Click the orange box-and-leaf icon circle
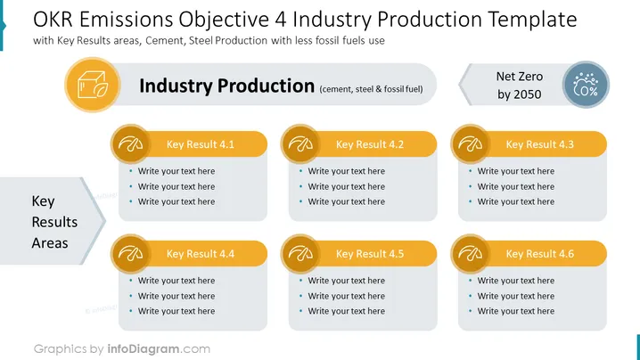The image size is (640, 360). pyautogui.click(x=93, y=85)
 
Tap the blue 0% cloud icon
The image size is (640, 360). pyautogui.click(x=586, y=85)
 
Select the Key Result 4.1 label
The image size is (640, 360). pyautogui.click(x=200, y=144)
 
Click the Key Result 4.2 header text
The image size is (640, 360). pyautogui.click(x=370, y=144)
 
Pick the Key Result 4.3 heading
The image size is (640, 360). pyautogui.click(x=539, y=144)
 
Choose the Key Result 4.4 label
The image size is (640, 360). pyautogui.click(x=200, y=254)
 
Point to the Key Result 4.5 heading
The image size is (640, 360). pyautogui.click(x=370, y=254)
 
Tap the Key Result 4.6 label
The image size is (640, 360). pyautogui.click(x=539, y=254)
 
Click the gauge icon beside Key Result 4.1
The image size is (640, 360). pyautogui.click(x=131, y=144)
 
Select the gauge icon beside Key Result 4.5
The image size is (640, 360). pyautogui.click(x=300, y=253)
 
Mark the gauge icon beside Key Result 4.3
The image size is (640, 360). pyautogui.click(x=471, y=144)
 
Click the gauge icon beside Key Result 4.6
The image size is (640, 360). pyautogui.click(x=471, y=253)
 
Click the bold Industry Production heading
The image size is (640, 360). pyautogui.click(x=227, y=86)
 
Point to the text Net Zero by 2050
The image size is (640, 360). pyautogui.click(x=519, y=86)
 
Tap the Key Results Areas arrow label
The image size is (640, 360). pyautogui.click(x=54, y=222)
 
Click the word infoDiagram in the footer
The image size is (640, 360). pyautogui.click(x=144, y=349)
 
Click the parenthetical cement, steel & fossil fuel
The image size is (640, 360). pyautogui.click(x=371, y=89)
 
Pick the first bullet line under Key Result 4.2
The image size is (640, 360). pyautogui.click(x=346, y=171)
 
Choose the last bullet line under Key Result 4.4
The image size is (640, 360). pyautogui.click(x=176, y=311)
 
